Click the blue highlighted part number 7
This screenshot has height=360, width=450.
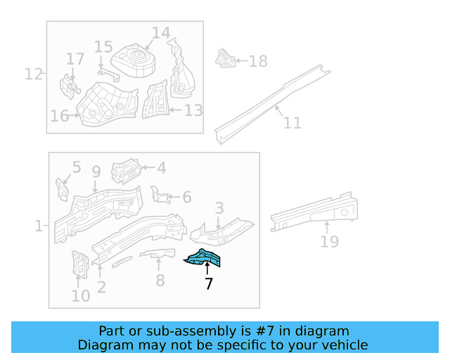(205, 259)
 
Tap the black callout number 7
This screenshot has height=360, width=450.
(208, 285)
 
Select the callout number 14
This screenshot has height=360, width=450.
(161, 33)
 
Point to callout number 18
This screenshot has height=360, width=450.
(258, 62)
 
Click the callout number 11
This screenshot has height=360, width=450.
(292, 123)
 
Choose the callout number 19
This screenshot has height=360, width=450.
(329, 242)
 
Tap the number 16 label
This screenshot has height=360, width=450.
(59, 116)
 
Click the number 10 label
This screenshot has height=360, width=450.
(80, 296)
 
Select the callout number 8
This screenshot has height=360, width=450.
(160, 281)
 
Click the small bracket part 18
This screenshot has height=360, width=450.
(224, 58)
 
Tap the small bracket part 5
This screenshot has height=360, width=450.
(62, 188)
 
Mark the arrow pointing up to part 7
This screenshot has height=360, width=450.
(207, 269)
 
